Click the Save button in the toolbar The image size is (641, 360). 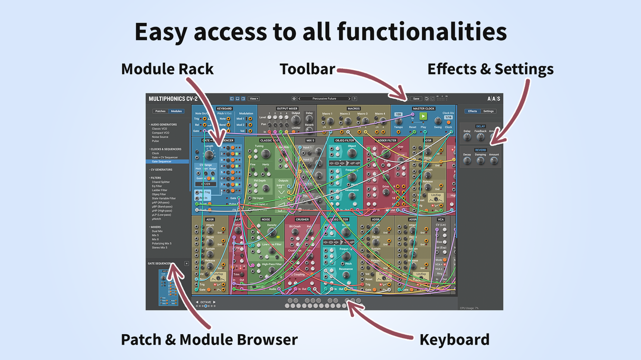click(416, 99)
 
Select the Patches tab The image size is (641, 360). click(161, 111)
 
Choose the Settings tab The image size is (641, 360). click(488, 111)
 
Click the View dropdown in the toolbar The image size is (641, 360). click(254, 99)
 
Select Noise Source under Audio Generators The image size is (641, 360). click(160, 137)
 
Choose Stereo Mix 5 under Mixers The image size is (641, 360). click(159, 248)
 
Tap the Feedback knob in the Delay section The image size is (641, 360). click(480, 137)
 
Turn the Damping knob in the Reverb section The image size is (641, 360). click(480, 160)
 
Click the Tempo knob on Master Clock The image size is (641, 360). click(398, 121)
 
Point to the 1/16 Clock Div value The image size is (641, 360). click(448, 117)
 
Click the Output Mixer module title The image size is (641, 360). click(287, 109)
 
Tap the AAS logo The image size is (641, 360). click(493, 99)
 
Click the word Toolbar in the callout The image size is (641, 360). click(307, 69)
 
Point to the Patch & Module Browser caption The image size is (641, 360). click(209, 339)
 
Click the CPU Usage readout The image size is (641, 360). click(469, 308)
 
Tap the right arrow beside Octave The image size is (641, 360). click(214, 302)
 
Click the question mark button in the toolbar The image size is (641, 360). click(355, 99)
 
